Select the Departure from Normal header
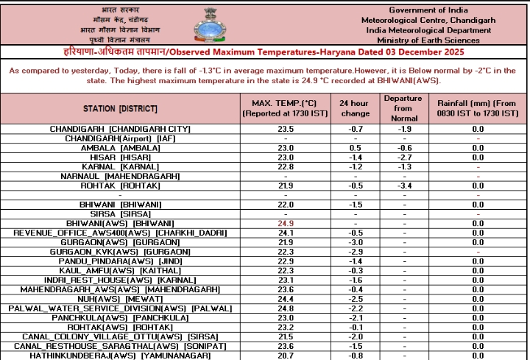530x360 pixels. (x=404, y=108)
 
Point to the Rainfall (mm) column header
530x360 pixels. (x=477, y=109)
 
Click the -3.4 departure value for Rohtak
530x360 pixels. (x=404, y=185)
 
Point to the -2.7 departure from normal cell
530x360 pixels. (x=404, y=157)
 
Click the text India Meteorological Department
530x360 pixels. (x=428, y=30)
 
